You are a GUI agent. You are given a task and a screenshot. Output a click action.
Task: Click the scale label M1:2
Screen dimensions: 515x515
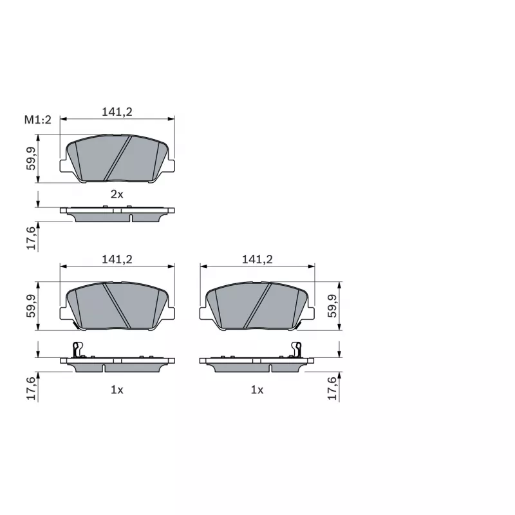click(38, 120)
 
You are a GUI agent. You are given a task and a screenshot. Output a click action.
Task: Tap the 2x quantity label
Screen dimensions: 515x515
click(117, 194)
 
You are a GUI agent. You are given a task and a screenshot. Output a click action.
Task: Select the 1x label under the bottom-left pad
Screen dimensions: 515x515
click(117, 390)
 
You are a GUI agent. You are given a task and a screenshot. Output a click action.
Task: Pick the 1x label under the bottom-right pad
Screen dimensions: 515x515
click(257, 390)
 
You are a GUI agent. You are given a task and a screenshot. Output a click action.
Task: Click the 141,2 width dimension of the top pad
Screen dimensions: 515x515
click(117, 112)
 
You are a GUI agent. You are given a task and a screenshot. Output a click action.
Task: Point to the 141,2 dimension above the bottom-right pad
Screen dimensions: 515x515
click(257, 259)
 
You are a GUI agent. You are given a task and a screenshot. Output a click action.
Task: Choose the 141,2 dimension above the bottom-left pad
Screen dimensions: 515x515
click(117, 259)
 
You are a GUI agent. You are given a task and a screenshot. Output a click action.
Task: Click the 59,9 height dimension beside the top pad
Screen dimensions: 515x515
click(31, 158)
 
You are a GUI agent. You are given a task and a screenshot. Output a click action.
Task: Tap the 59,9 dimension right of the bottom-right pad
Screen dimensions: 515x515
click(332, 306)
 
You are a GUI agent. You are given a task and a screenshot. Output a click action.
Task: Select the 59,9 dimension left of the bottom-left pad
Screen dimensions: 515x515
click(31, 306)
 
